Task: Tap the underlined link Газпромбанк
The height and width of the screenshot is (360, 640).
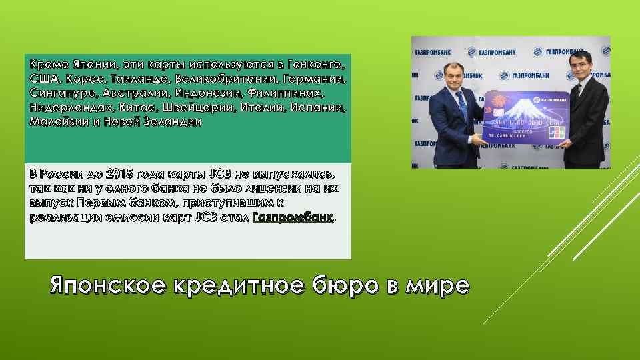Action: point(292,218)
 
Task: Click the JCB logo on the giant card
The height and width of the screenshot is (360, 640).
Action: point(557,131)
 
